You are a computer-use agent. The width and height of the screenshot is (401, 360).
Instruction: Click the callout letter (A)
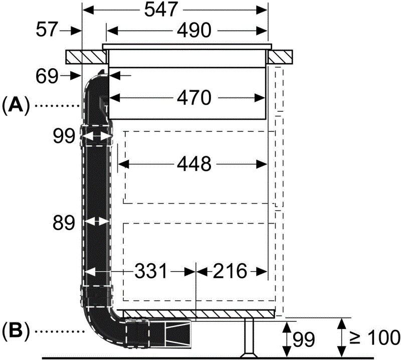[17, 105]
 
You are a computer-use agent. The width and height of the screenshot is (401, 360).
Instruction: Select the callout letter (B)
[17, 331]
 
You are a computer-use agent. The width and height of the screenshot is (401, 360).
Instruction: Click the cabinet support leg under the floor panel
[247, 336]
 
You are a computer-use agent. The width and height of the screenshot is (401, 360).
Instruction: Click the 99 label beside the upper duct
[64, 136]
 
